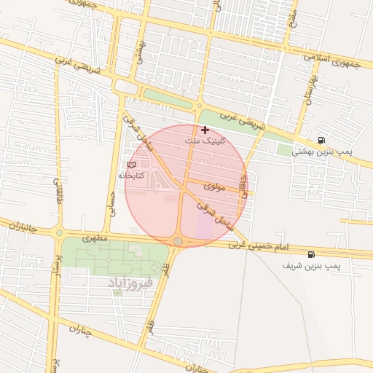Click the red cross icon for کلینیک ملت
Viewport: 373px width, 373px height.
coord(205,130)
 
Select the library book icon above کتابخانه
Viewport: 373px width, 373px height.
coord(131,165)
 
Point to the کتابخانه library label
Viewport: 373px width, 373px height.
coord(131,176)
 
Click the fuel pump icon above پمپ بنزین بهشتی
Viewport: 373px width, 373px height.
coord(321,141)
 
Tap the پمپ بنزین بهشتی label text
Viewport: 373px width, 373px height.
coord(322,152)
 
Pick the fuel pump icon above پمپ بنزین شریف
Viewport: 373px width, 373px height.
coord(312,255)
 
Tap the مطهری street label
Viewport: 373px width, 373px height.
coord(95,237)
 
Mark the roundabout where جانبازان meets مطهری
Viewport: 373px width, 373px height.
coord(59,233)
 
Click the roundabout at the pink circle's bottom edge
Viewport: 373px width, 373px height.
coord(178,241)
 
